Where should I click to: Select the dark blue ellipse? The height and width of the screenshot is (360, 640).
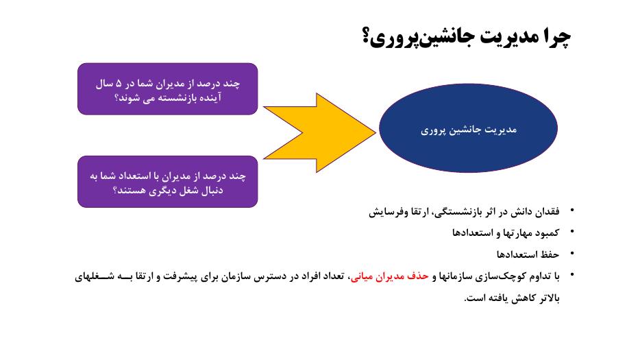coord(468,128)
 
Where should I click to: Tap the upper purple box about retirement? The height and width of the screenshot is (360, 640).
coord(167,88)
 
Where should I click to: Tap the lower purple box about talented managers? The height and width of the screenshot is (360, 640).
coord(167,182)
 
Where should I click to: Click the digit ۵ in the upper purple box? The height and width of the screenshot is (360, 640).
coord(119,84)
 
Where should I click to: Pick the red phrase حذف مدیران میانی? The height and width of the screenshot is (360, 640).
coord(390,276)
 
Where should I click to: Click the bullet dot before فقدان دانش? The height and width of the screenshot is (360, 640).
coord(572,210)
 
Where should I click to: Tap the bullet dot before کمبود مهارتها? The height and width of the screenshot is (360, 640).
coord(572,232)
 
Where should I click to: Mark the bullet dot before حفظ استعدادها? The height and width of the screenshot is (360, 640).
coord(572,253)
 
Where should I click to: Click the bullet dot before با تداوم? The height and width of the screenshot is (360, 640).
coord(572,274)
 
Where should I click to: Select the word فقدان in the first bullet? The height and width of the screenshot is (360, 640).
coord(547,212)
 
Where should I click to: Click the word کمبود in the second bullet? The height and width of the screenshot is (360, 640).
coord(547,233)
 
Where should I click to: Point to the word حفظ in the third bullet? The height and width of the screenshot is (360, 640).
coord(550,254)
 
